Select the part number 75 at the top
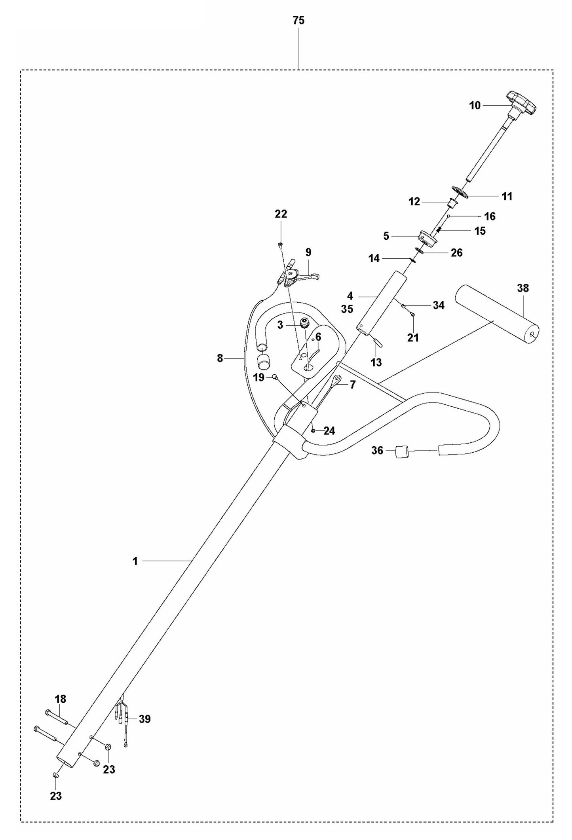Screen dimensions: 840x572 tap(298, 21)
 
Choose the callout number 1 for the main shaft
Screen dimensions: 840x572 tap(135, 561)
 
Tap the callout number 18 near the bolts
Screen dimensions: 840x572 tap(60, 699)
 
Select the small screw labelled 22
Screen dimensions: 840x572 tap(280, 245)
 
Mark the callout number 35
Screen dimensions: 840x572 tap(347, 309)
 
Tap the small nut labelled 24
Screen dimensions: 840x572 tap(314, 430)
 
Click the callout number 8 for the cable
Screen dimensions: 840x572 tap(220, 358)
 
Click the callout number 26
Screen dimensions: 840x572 tap(456, 252)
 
